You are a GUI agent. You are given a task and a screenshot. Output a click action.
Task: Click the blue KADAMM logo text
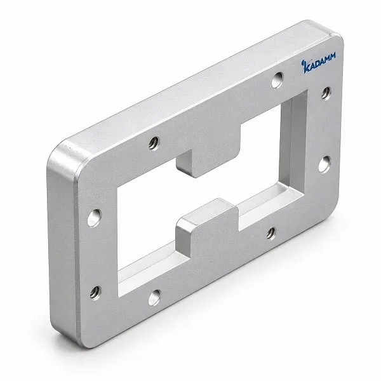pos(318,63)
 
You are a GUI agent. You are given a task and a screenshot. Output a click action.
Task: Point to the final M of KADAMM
pos(332,57)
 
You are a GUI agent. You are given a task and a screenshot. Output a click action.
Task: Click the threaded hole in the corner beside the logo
pos(326,93)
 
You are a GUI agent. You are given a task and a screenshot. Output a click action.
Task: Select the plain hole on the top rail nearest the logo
pos(277,80)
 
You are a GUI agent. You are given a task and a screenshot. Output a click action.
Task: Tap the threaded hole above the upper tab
pos(154,144)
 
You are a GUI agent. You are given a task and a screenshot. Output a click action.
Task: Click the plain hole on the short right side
pos(324,164)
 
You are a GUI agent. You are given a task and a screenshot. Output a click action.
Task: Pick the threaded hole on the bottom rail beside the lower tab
pos(271,233)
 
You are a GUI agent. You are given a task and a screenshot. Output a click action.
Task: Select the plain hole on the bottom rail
pos(154,298)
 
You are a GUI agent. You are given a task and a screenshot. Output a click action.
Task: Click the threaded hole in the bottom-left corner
pos(95,293)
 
